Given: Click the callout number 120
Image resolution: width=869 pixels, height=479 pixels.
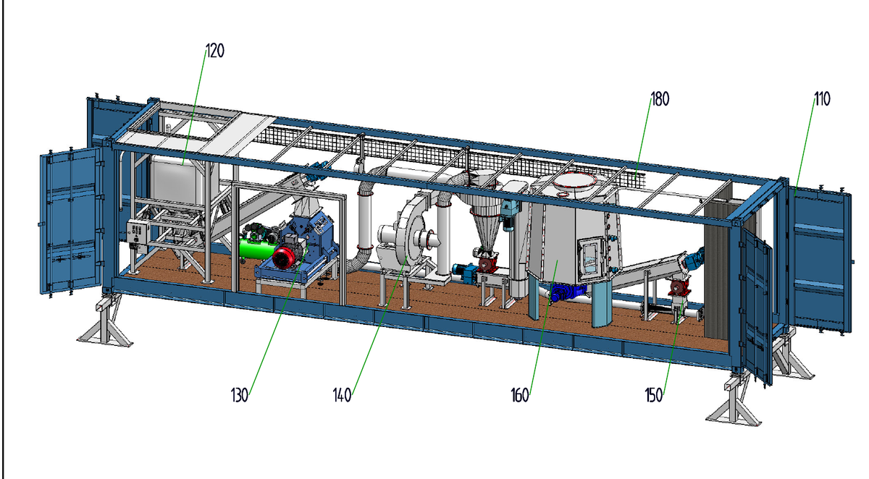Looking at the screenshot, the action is (x=215, y=51).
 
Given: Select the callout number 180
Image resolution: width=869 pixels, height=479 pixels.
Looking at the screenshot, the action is (x=660, y=99).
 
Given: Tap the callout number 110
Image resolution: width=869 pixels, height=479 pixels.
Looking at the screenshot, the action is (x=823, y=99).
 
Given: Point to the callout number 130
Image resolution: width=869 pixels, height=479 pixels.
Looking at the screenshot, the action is (x=240, y=395).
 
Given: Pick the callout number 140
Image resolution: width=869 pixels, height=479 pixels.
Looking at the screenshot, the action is (x=342, y=395).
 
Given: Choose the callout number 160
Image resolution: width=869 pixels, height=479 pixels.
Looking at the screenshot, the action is (x=520, y=395).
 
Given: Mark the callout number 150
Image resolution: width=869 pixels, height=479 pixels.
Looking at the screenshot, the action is (x=654, y=395).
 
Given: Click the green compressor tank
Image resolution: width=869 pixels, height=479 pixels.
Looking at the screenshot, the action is (x=256, y=248).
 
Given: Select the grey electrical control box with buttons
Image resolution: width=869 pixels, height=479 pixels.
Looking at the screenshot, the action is (x=138, y=232).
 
